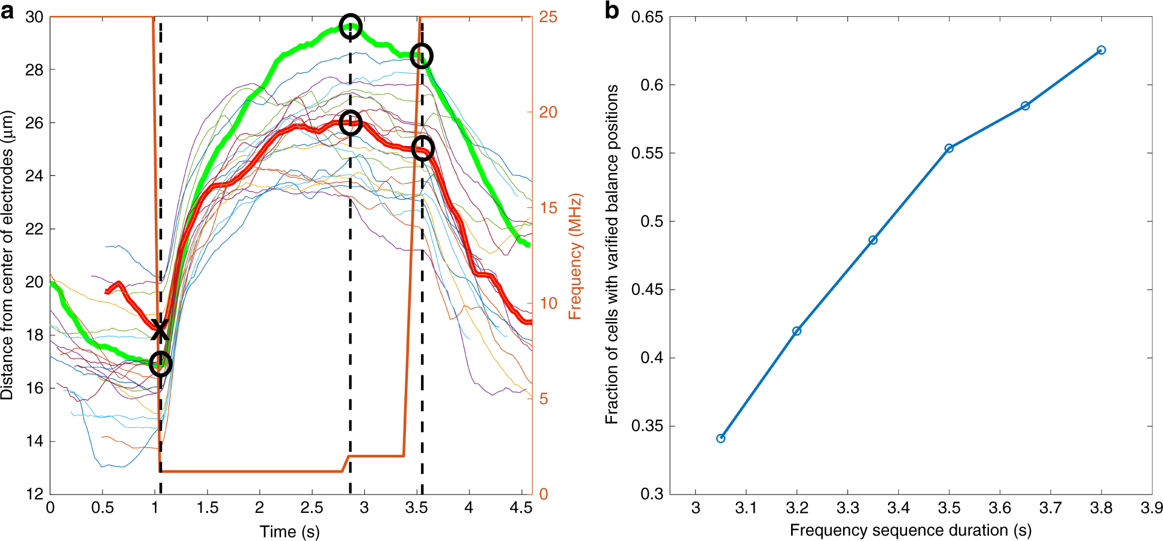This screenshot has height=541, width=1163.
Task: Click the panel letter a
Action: point(7,11)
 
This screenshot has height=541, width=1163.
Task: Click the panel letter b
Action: point(612,11)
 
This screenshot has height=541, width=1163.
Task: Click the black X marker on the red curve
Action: point(159,330)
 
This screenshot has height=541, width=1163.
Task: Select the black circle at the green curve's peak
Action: point(350,26)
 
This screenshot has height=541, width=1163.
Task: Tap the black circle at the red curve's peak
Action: point(351,123)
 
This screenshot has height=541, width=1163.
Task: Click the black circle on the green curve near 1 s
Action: point(160,363)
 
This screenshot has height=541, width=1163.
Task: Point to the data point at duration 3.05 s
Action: point(721,439)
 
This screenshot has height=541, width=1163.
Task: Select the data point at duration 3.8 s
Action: point(1101,50)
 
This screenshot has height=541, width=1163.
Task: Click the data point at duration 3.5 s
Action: point(949,148)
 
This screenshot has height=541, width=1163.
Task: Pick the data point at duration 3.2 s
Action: point(796,331)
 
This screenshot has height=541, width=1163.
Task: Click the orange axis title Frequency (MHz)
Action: point(575,256)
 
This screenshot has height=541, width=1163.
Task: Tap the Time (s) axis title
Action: point(289,531)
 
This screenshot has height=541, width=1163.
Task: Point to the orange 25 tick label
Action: point(548,17)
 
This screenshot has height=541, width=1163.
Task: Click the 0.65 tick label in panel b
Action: point(647,17)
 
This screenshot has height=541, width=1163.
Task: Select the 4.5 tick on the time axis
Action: point(521,508)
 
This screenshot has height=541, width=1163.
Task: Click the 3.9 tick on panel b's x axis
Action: point(1151,508)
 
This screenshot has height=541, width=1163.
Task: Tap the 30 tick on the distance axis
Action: point(34,17)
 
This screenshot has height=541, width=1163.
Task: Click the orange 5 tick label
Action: point(544,399)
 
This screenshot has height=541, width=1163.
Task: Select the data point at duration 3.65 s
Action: point(1025,106)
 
